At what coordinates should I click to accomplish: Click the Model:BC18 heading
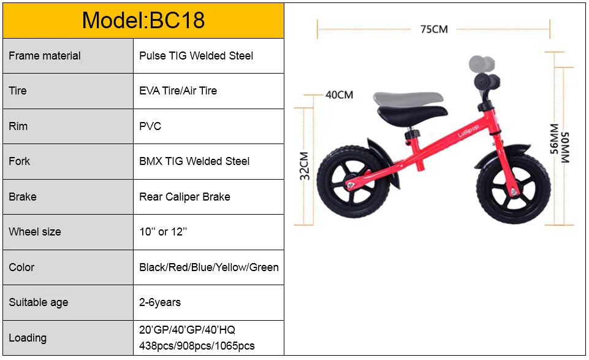pyautogui.click(x=143, y=20)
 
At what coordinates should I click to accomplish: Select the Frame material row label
pyautogui.click(x=44, y=56)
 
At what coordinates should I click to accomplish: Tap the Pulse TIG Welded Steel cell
pyautogui.click(x=196, y=56)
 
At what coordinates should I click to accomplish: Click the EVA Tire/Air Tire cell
pyautogui.click(x=178, y=91)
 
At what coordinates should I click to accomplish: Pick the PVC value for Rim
pyautogui.click(x=150, y=126)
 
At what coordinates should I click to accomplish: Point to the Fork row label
pyautogui.click(x=19, y=161)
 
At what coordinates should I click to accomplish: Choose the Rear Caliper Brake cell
pyautogui.click(x=185, y=196)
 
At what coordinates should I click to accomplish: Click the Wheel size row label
pyautogui.click(x=34, y=232)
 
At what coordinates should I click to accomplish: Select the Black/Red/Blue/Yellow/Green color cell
pyautogui.click(x=209, y=267)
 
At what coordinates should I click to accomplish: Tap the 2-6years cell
pyautogui.click(x=160, y=302)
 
